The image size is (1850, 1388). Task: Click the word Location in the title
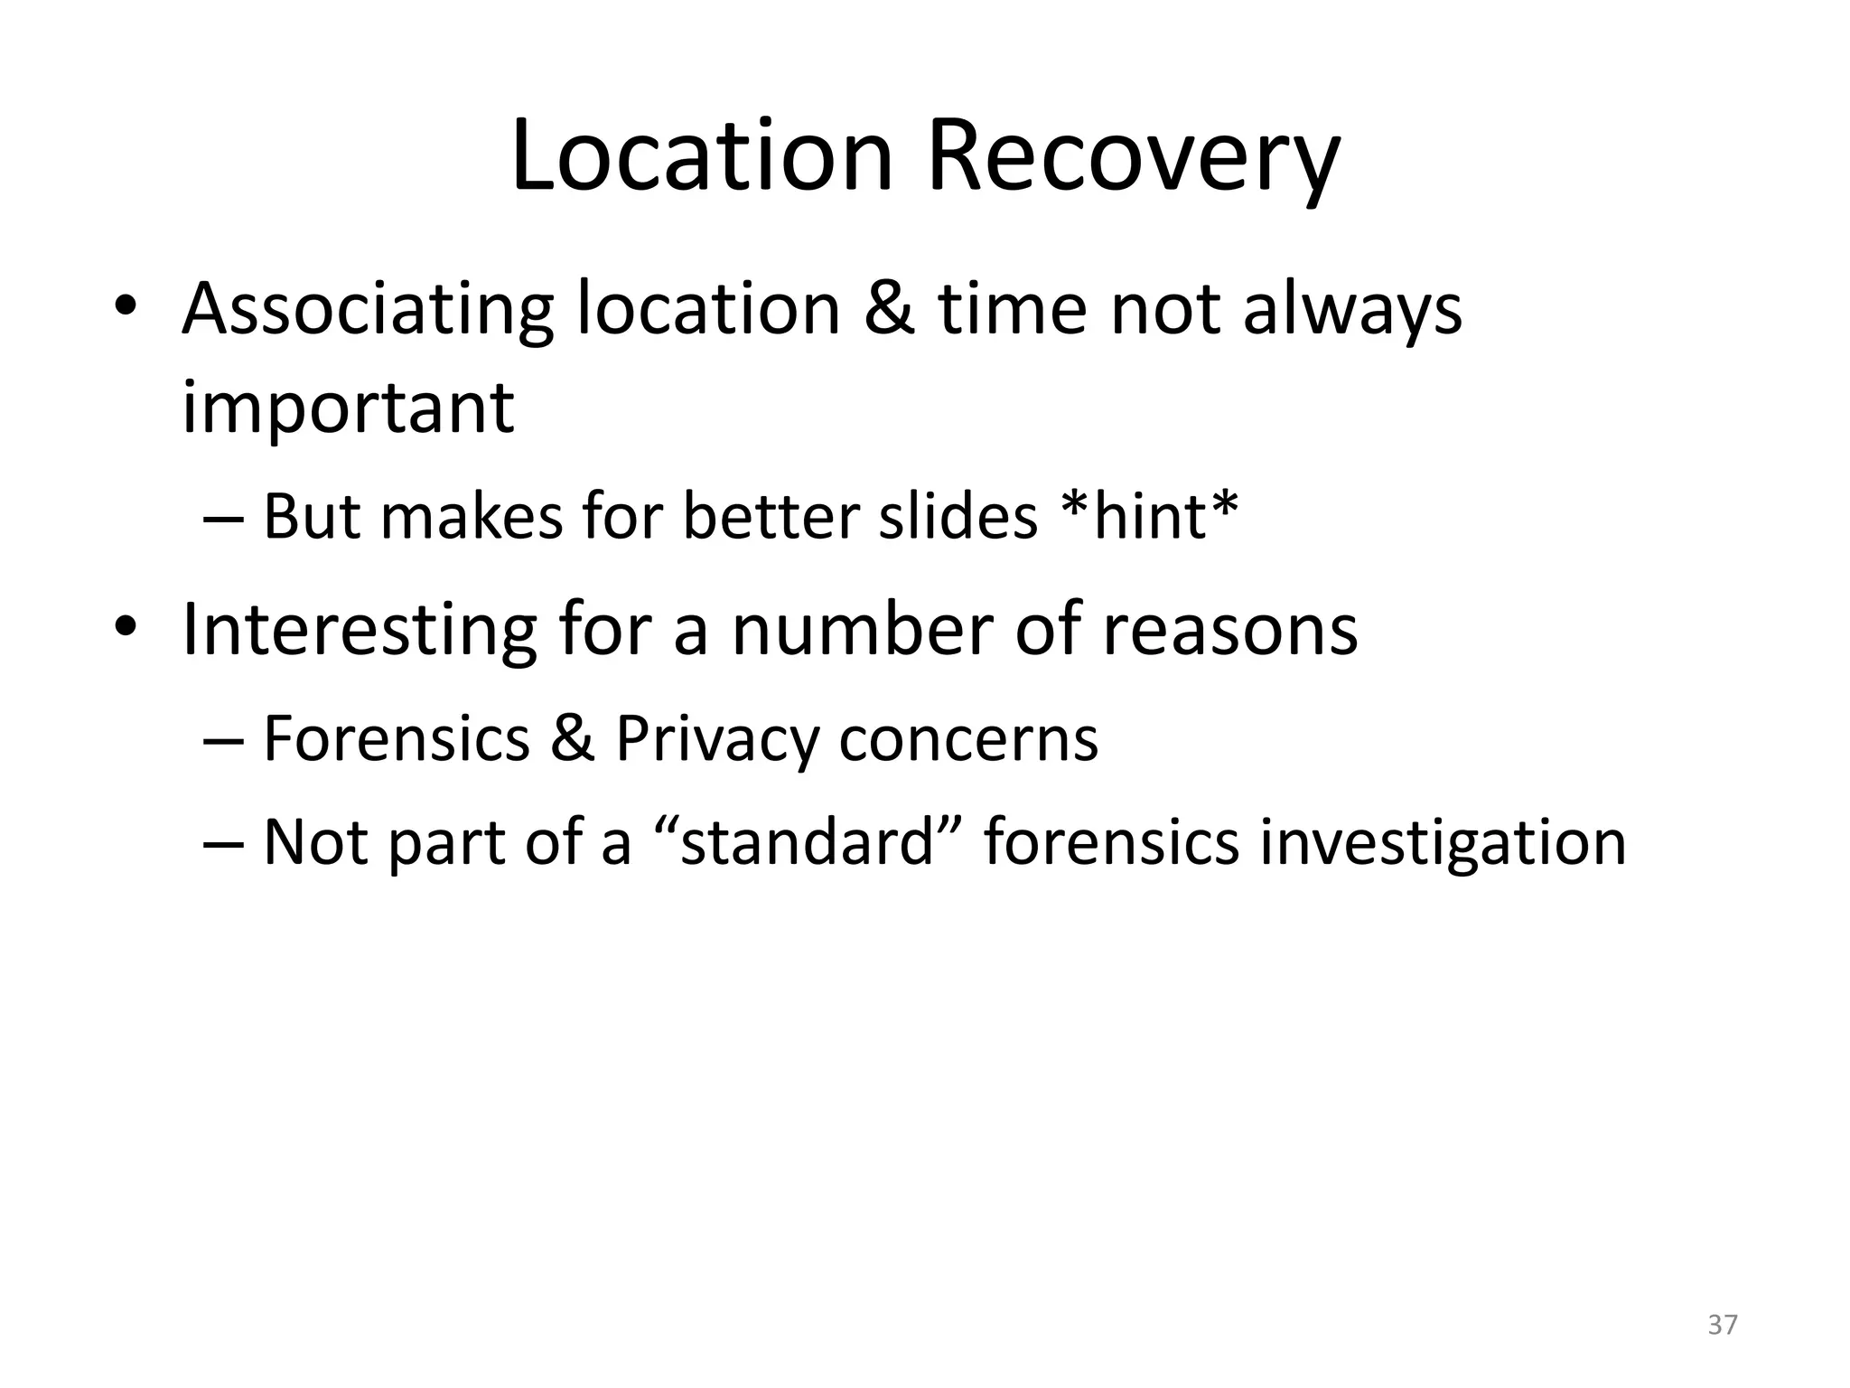click(702, 157)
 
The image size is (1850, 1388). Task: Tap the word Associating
click(367, 310)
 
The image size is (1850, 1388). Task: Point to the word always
click(1352, 310)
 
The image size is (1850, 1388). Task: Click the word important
click(348, 408)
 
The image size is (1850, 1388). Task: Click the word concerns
click(968, 738)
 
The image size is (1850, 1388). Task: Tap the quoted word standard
click(807, 841)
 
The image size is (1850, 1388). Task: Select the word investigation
click(1443, 843)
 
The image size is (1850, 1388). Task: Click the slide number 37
click(1723, 1325)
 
